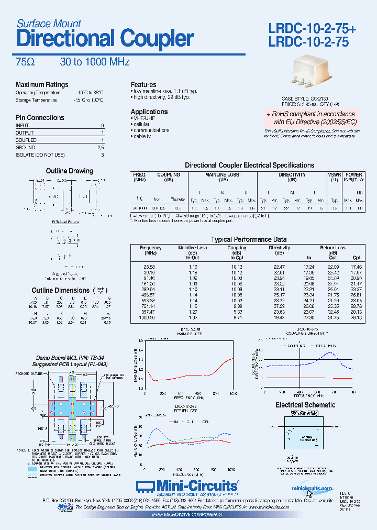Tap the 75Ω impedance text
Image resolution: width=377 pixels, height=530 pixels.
(25, 62)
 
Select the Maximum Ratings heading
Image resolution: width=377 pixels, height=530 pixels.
(42, 85)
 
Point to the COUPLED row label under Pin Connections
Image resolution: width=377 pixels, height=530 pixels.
(26, 140)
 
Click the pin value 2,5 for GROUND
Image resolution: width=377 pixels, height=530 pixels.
(101, 148)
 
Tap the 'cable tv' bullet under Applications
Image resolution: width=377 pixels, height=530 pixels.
(143, 137)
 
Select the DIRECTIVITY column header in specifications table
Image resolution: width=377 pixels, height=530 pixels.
(292, 175)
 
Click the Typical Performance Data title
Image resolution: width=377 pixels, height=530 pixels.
(249, 239)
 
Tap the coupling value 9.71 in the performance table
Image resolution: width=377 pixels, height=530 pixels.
(237, 317)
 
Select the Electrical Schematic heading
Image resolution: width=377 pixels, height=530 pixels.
(305, 405)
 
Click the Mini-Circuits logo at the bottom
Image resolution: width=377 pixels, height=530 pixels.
(187, 485)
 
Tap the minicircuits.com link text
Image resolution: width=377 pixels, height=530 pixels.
(312, 488)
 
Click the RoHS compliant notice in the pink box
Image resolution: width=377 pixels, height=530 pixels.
(310, 118)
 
